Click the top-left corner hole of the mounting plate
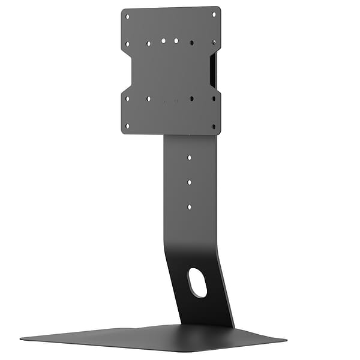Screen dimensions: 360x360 coord(127,17)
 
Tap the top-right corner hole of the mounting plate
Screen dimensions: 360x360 coord(214,14)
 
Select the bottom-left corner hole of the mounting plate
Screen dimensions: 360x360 coord(127,126)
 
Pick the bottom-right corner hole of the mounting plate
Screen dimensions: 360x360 coord(214,125)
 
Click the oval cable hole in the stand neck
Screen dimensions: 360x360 coord(196,282)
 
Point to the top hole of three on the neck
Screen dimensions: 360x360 coord(189,157)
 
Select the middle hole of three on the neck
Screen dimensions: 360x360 coord(189,181)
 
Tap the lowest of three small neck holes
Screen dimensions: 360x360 coord(189,206)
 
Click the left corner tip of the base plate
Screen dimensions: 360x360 coord(21,337)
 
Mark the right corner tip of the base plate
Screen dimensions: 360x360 coord(286,339)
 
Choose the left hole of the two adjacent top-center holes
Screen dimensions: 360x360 coord(163,41)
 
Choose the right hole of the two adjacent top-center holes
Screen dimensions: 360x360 coord(176,41)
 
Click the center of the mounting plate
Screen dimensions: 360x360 coord(171,71)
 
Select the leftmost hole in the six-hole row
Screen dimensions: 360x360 coord(127,43)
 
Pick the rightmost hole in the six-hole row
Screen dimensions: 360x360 coord(214,42)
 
